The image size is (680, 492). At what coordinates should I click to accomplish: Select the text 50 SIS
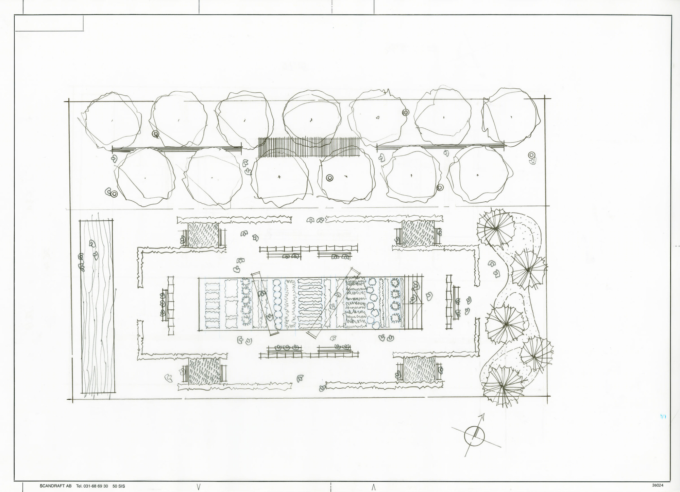pos(119,486)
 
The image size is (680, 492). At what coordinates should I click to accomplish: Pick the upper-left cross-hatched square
pos(203,234)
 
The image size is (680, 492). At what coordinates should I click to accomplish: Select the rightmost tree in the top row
pos(511,117)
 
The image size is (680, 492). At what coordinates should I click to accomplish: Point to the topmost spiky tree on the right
pos(495,229)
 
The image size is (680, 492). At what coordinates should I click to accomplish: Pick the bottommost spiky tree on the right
pos(502,386)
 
